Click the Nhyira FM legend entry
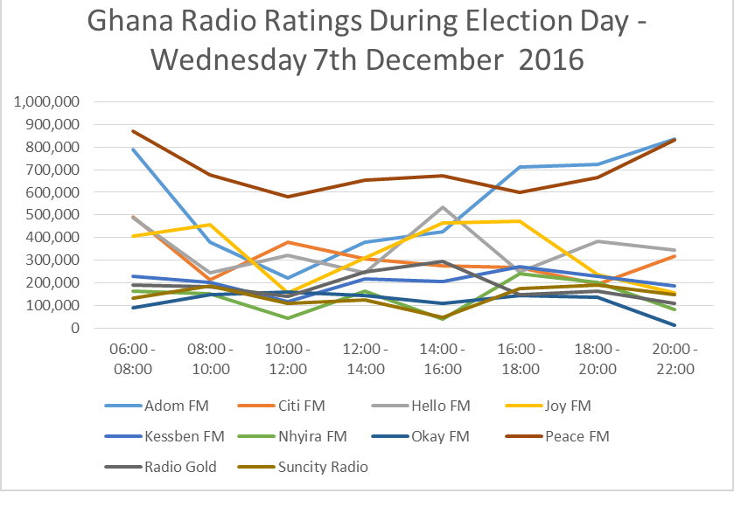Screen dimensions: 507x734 [x=317, y=435]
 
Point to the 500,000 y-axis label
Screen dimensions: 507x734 [x=54, y=215]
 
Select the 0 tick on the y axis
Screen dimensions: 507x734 [x=76, y=329]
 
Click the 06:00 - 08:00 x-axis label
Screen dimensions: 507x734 [x=131, y=359]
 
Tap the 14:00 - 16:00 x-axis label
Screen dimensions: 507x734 [x=443, y=359]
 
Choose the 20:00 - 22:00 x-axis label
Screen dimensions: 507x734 [x=675, y=359]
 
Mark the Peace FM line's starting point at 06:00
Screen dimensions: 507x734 [x=131, y=131]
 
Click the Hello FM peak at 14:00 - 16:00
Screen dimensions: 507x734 [x=443, y=207]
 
